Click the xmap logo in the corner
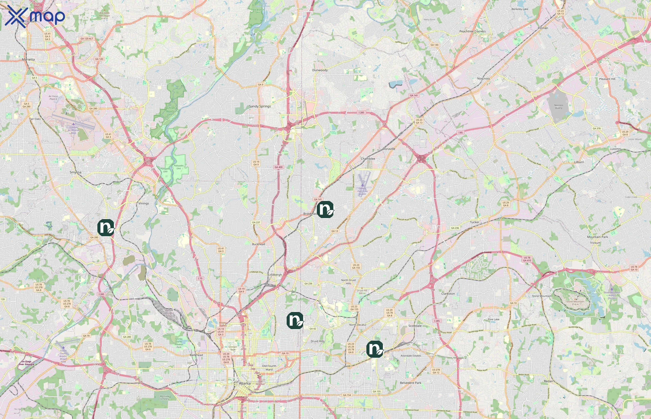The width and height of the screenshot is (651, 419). pyautogui.click(x=35, y=16)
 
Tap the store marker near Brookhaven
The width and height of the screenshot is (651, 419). pyautogui.click(x=325, y=209)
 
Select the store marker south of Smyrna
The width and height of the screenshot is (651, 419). pyautogui.click(x=106, y=227)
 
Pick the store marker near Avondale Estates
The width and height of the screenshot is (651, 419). pyautogui.click(x=375, y=349)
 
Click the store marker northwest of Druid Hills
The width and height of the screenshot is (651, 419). pyautogui.click(x=295, y=321)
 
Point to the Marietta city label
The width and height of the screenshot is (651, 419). pyautogui.click(x=28, y=59)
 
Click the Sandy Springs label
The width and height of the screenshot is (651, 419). pyautogui.click(x=260, y=106)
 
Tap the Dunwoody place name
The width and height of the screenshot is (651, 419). pyautogui.click(x=320, y=70)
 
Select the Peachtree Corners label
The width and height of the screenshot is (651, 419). pyautogui.click(x=472, y=31)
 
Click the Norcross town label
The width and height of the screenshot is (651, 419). pyautogui.click(x=483, y=79)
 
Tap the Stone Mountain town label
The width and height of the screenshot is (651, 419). pyautogui.click(x=541, y=296)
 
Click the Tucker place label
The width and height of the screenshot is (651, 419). pyautogui.click(x=474, y=222)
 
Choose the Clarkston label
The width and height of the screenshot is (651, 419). pyautogui.click(x=448, y=294)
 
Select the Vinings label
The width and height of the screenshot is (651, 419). pyautogui.click(x=143, y=203)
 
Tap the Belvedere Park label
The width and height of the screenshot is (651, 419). pyautogui.click(x=411, y=383)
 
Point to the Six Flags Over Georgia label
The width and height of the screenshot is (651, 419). pyautogui.click(x=26, y=363)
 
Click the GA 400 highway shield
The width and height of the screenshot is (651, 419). pyautogui.click(x=279, y=167)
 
